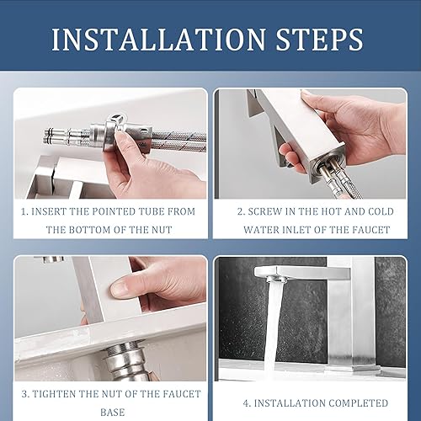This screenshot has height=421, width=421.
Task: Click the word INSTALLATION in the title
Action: pyautogui.click(x=158, y=40)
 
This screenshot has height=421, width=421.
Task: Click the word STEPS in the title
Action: pyautogui.click(x=320, y=40)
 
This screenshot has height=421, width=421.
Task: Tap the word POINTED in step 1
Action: pyautogui.click(x=114, y=211)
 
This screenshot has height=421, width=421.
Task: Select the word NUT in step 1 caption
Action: pyautogui.click(x=162, y=230)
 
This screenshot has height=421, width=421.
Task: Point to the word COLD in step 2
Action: pyautogui.click(x=381, y=211)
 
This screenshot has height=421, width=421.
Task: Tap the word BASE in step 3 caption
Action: pyautogui.click(x=112, y=413)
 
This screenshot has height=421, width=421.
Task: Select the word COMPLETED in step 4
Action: pyautogui.click(x=358, y=403)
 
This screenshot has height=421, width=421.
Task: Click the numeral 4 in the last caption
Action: pyautogui.click(x=246, y=403)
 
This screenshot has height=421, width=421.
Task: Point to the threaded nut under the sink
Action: pyautogui.click(x=125, y=360)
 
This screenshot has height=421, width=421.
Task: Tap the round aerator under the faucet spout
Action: pyautogui.click(x=274, y=280)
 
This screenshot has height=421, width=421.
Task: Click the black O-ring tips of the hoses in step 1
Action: pyautogui.click(x=50, y=136)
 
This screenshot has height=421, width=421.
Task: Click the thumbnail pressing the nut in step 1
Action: pyautogui.click(x=121, y=138)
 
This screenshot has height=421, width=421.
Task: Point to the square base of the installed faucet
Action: pyautogui.click(x=353, y=369)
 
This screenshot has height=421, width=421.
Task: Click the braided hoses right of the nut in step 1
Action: pyautogui.click(x=179, y=141)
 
